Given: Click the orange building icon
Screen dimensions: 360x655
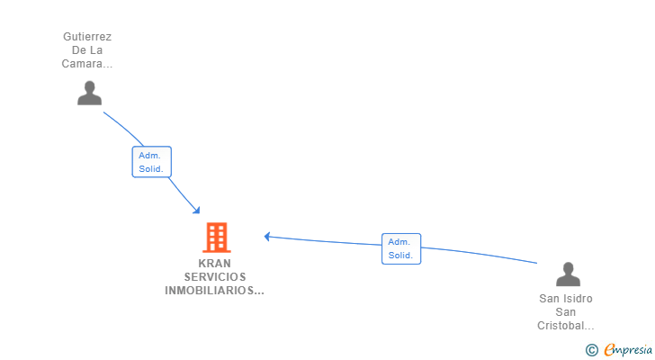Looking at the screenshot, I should pyautogui.click(x=216, y=238).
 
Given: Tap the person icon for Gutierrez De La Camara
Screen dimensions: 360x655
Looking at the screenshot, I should pyautogui.click(x=89, y=93).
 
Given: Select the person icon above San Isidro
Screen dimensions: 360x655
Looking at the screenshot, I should pyautogui.click(x=568, y=274).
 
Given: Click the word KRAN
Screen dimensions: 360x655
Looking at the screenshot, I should pyautogui.click(x=215, y=264).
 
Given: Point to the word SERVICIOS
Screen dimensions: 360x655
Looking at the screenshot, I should pyautogui.click(x=215, y=277).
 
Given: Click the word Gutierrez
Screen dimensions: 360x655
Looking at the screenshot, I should pyautogui.click(x=87, y=37).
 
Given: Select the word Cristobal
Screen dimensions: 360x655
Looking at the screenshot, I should pyautogui.click(x=564, y=326).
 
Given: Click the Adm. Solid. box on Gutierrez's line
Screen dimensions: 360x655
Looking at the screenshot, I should pyautogui.click(x=151, y=162).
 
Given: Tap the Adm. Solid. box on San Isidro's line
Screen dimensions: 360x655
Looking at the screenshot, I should pyautogui.click(x=401, y=248).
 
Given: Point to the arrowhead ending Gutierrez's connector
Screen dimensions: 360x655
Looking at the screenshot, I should pyautogui.click(x=197, y=211).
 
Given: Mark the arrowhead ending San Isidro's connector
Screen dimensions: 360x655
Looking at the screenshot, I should pyautogui.click(x=267, y=237).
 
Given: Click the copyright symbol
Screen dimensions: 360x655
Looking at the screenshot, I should pyautogui.click(x=591, y=350).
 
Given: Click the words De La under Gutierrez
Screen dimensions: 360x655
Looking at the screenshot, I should pyautogui.click(x=87, y=50).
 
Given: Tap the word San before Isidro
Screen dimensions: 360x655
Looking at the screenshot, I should pyautogui.click(x=550, y=299).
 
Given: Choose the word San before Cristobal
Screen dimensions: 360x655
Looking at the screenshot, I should pyautogui.click(x=566, y=312).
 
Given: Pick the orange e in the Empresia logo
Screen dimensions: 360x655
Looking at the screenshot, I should pyautogui.click(x=609, y=350).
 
